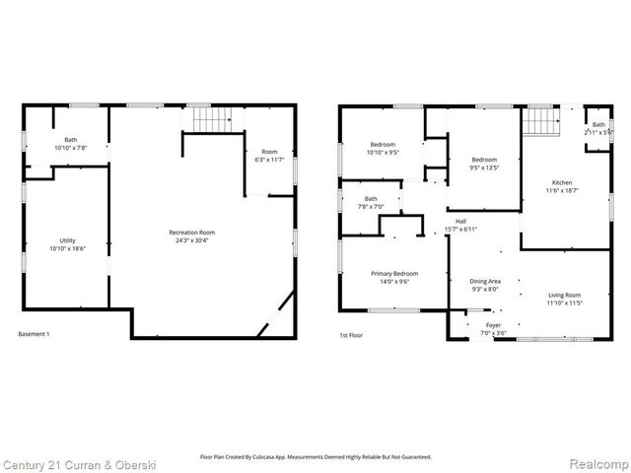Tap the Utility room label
point(68,244)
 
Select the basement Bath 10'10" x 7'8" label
point(71,144)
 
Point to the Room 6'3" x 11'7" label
point(269,156)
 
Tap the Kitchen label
point(562,187)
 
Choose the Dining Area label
point(485,285)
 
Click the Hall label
point(461,225)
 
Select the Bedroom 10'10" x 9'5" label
point(384,149)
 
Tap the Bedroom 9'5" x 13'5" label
point(484,164)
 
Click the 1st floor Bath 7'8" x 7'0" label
point(371,203)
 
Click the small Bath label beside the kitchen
point(598,127)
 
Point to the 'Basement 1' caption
point(35,335)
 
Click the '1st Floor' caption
point(352,335)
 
